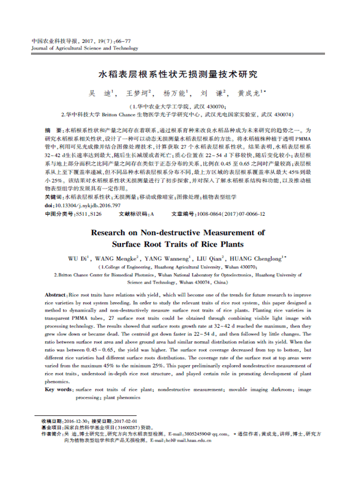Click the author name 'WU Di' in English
[80, 258]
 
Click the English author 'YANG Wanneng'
[169, 258]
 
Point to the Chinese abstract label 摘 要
[53, 130]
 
